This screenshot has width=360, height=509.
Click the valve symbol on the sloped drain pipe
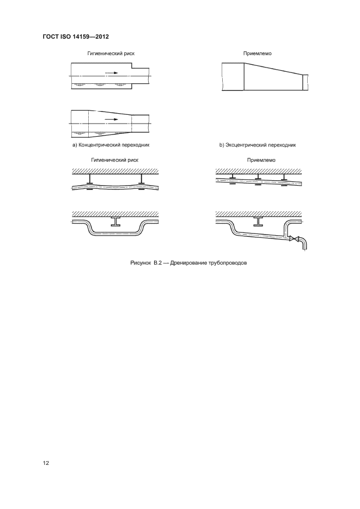[294, 238]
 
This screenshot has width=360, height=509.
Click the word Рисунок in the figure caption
[141, 262]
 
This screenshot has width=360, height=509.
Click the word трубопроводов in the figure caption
[224, 262]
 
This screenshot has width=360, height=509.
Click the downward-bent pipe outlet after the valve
[304, 244]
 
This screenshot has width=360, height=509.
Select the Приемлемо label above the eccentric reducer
[258, 54]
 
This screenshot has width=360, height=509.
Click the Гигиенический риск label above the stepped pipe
[112, 54]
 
